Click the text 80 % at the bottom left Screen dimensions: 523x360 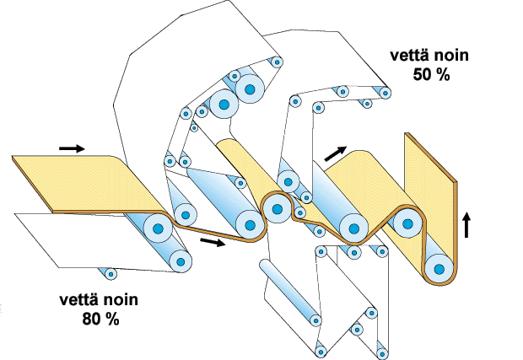[100, 320]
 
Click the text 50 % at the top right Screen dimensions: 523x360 [431, 75]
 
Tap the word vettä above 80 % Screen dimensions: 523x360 [79, 299]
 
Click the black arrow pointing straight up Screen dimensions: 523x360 [466, 225]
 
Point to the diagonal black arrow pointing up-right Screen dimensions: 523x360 [336, 153]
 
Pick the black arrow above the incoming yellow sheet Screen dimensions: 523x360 [72, 148]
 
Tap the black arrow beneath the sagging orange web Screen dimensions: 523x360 [213, 242]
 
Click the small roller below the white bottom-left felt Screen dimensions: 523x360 [111, 274]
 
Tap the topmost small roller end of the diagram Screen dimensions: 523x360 [277, 62]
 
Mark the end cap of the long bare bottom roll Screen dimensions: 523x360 [315, 320]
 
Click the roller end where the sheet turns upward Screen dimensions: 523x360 [439, 269]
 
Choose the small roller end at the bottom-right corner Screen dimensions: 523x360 [382, 353]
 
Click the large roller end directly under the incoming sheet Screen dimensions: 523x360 [158, 228]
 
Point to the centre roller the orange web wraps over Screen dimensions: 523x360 [277, 209]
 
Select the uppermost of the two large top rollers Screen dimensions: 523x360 [250, 89]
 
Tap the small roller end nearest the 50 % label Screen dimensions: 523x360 [386, 93]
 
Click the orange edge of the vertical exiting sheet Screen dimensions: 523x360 [456, 230]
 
